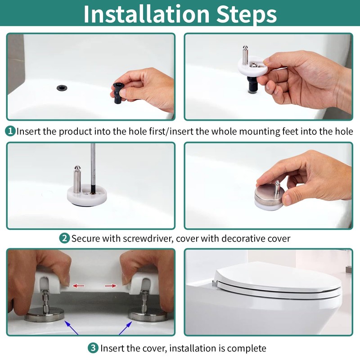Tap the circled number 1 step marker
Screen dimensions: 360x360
pos(10,131)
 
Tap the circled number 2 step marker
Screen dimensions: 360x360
pos(64,238)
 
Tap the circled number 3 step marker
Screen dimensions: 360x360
pos(93,348)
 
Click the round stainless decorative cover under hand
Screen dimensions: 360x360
pos(268,197)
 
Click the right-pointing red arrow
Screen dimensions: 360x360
pos(111,285)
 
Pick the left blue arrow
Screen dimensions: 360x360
pos(72,327)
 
